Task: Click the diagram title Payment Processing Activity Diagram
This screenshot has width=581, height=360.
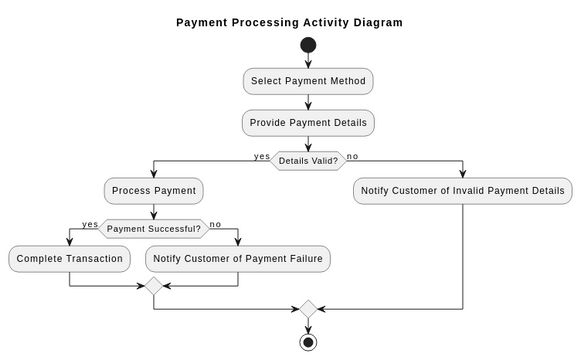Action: [x=289, y=22]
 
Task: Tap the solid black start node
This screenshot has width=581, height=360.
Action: [x=308, y=45]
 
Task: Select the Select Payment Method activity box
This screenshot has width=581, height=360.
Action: [x=308, y=81]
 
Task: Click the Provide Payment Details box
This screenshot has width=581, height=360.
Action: [x=308, y=123]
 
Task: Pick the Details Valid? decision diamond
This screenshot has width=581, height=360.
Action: [x=308, y=160]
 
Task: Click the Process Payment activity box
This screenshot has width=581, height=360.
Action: [x=153, y=190]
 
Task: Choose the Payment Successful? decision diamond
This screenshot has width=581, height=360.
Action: [x=153, y=228]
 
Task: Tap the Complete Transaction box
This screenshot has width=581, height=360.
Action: [x=69, y=259]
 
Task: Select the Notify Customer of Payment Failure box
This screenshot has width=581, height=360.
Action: [x=238, y=259]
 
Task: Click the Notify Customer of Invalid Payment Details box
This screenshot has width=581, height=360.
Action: [x=463, y=190]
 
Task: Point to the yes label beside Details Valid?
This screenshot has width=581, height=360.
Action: [x=262, y=156]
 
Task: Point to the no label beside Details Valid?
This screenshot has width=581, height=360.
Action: [x=352, y=156]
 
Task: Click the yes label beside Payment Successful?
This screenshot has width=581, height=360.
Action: [x=90, y=224]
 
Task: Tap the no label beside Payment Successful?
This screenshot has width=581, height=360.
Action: [x=215, y=224]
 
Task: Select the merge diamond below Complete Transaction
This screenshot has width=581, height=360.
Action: [x=153, y=286]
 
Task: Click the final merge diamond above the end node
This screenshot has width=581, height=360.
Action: [x=308, y=310]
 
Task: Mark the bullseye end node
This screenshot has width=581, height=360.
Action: [x=308, y=342]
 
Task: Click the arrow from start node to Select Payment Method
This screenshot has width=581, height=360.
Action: [x=308, y=61]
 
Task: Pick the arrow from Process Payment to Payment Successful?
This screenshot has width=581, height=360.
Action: [x=153, y=210]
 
